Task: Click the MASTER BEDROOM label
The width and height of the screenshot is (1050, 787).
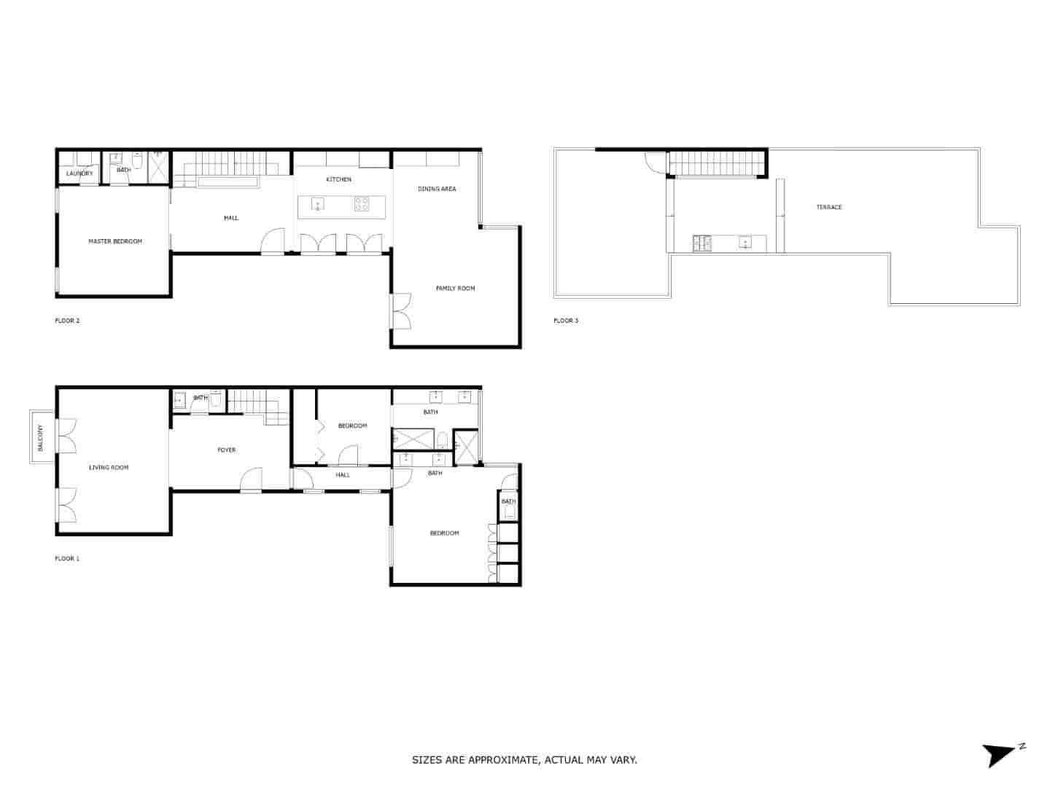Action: coord(115,241)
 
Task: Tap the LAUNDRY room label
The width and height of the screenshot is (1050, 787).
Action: coord(79,173)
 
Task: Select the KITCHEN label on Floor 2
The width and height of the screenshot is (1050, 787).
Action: coord(338,179)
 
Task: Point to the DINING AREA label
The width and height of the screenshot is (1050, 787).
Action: coord(437,189)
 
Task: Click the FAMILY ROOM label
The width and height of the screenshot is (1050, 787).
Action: coord(455,289)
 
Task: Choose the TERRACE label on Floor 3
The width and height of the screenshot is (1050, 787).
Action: coord(829,207)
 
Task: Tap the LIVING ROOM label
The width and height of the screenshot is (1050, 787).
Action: coord(109,468)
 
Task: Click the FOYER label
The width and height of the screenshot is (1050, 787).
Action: coord(227,450)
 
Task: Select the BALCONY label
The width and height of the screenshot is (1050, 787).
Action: coord(40,437)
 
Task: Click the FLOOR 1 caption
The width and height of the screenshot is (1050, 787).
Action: coord(67,559)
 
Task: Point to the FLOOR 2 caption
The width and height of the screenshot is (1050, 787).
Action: coord(67,321)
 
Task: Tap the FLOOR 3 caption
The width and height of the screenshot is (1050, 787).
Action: coord(566,321)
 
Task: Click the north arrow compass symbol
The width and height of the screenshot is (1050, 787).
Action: coord(1000,753)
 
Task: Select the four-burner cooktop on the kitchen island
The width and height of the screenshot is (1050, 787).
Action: coord(362,204)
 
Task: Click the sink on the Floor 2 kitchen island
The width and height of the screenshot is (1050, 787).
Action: coord(318,203)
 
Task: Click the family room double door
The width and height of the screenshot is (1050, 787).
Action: coord(400,311)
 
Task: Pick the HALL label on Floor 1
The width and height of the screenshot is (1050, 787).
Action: coord(343,475)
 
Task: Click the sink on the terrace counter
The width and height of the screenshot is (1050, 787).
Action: coord(744,243)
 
